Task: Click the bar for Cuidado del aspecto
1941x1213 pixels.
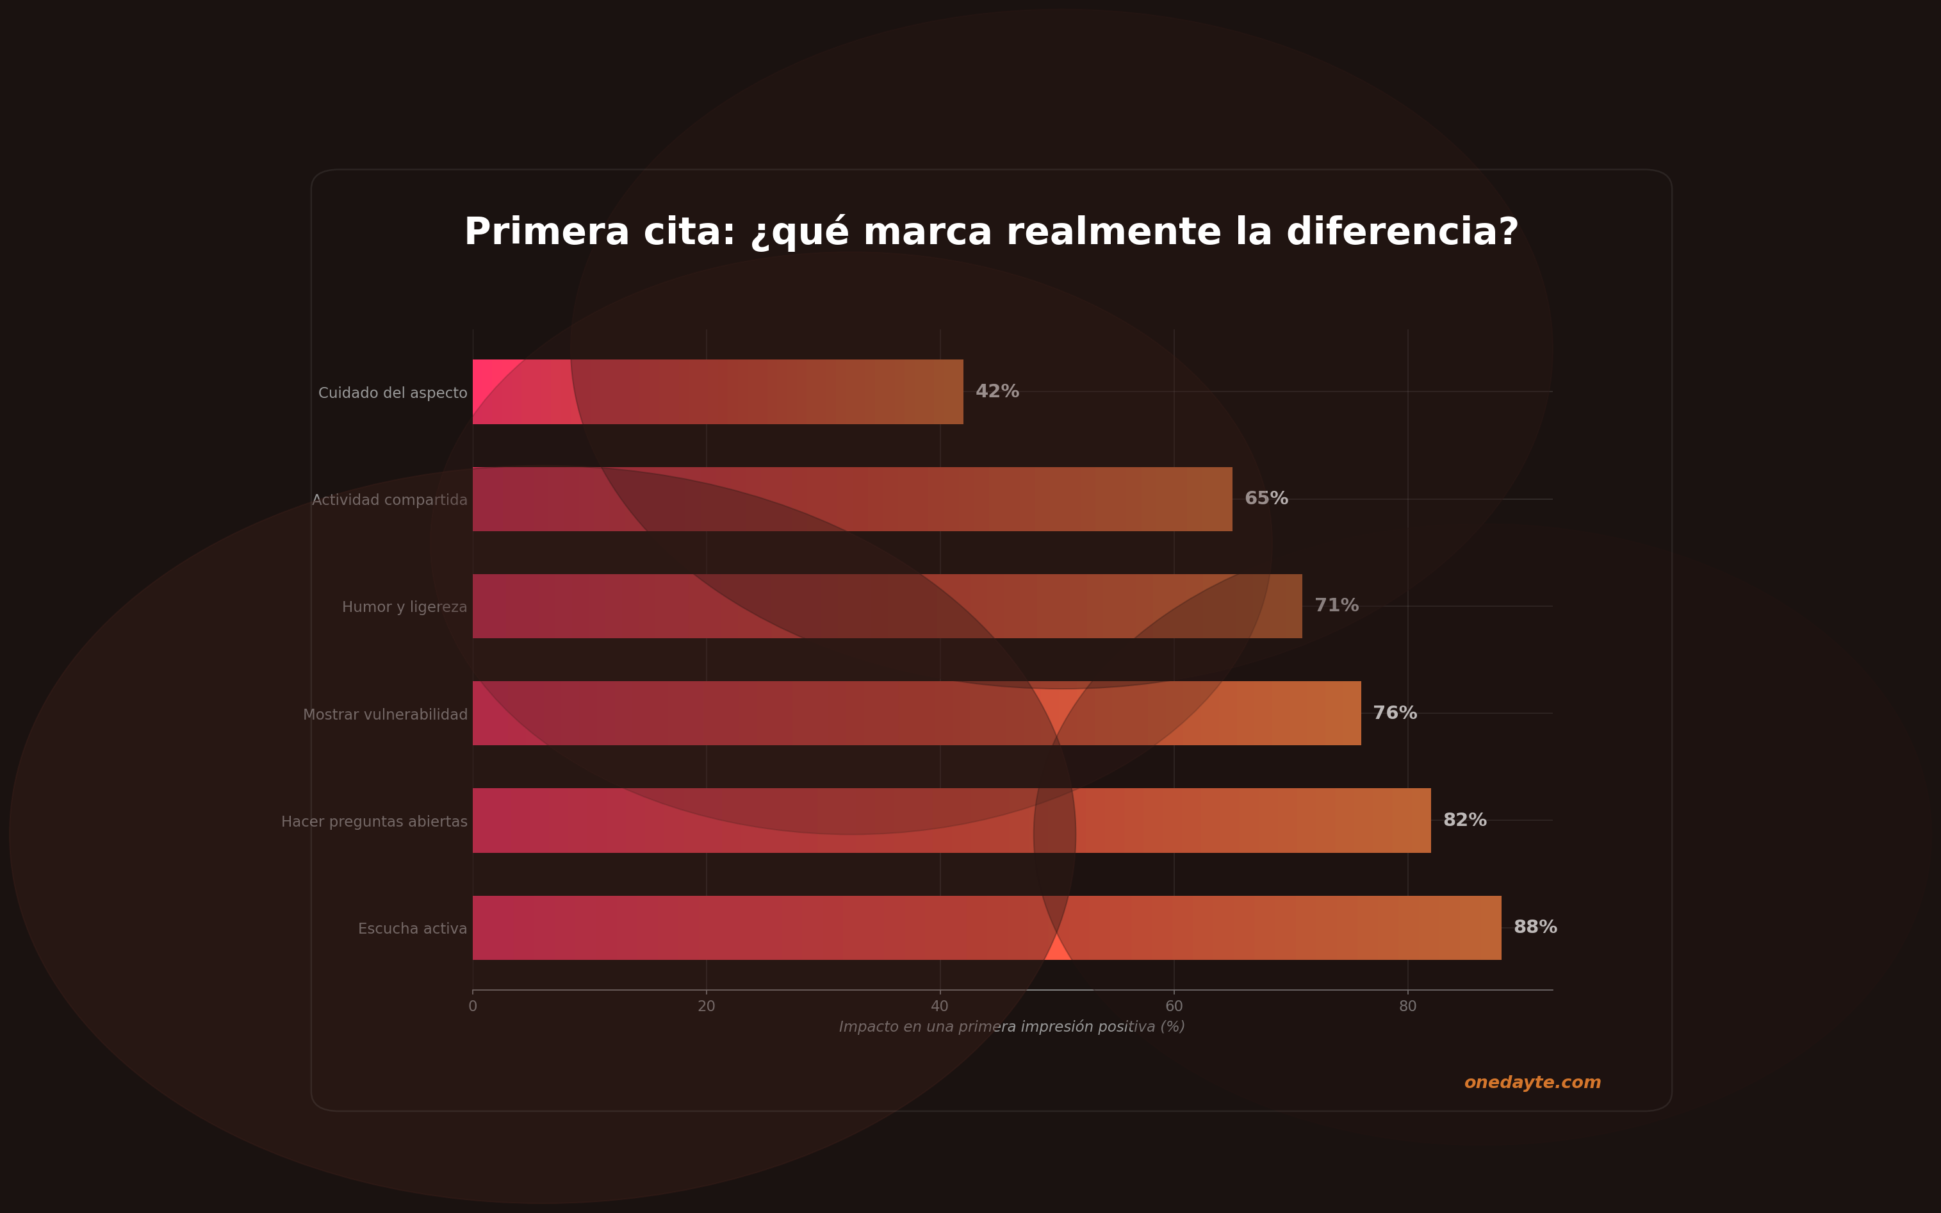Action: point(718,392)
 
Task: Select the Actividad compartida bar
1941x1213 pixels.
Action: point(852,499)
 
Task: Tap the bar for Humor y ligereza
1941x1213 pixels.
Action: point(887,606)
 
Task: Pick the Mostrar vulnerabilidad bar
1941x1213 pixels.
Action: point(916,713)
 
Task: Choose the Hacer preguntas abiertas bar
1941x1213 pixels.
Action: point(951,820)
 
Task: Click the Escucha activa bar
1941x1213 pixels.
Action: point(987,927)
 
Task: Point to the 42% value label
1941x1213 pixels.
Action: point(997,392)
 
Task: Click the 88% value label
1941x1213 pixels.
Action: point(1534,927)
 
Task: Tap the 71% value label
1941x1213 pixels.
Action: point(1336,606)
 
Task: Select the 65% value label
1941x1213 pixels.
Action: point(1266,498)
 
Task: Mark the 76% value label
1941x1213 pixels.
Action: point(1395,713)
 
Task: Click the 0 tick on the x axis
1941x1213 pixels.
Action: point(472,1007)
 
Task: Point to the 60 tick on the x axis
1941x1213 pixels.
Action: point(1174,1007)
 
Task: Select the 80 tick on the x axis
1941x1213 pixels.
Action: point(1407,1007)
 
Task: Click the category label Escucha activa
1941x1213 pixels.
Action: point(413,929)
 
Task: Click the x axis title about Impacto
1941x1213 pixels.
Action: point(1011,1027)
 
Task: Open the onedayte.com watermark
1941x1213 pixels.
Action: point(1532,1082)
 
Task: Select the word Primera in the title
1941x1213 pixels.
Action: point(547,232)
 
